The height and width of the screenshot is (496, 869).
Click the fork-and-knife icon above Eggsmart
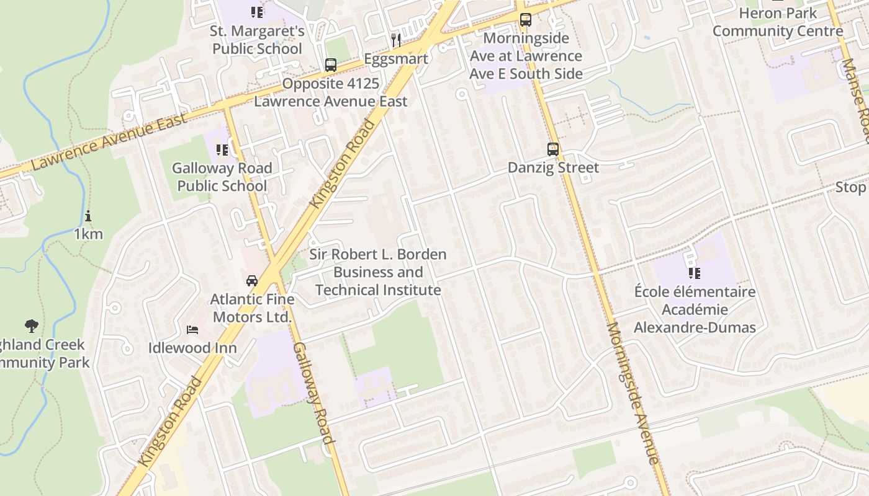396,40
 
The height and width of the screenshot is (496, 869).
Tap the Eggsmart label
396,59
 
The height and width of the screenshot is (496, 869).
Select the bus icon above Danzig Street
552,149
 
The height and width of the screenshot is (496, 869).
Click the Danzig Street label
553,167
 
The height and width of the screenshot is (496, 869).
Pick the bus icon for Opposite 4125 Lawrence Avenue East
331,65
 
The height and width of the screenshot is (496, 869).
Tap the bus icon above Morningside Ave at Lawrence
526,20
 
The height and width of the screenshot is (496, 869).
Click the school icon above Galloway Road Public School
222,149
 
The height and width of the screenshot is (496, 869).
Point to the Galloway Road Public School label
222,177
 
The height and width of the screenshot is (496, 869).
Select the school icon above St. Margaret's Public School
257,12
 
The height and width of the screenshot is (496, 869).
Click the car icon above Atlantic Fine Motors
251,280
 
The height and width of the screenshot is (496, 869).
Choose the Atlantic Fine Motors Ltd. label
252,308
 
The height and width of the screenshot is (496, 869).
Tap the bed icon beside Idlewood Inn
192,329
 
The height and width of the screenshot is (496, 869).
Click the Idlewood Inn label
192,348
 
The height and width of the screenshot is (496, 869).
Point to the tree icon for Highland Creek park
31,325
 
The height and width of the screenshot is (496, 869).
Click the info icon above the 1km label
88,216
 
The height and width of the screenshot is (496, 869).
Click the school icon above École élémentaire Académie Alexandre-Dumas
694,273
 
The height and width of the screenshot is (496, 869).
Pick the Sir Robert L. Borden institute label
378,272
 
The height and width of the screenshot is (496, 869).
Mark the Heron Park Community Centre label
777,22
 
